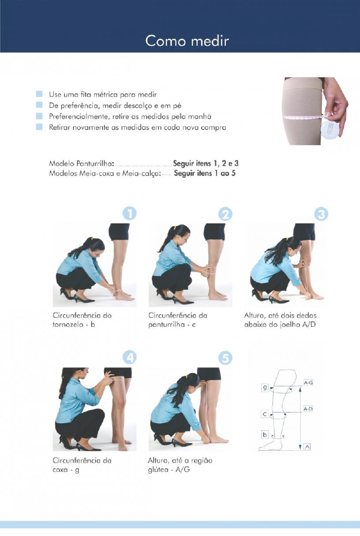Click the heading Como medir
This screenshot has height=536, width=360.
[187, 41]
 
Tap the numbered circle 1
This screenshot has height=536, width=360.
[129, 214]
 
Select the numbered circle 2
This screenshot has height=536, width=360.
[225, 215]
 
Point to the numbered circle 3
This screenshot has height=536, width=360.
[321, 215]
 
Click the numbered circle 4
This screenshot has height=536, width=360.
[129, 357]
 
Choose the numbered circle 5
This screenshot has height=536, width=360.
[225, 358]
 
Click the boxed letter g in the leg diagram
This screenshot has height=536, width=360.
[265, 388]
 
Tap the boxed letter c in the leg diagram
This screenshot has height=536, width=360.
[265, 414]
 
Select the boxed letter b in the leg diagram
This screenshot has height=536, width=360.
[265, 434]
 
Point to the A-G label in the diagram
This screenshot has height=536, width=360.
[308, 383]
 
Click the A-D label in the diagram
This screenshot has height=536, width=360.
[308, 409]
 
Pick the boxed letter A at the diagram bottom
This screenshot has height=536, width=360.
[307, 447]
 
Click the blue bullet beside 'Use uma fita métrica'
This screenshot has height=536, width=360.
[39, 93]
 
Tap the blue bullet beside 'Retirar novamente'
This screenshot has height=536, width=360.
[39, 127]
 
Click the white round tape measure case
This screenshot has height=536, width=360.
[330, 129]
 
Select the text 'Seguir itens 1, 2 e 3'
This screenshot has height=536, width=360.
[206, 163]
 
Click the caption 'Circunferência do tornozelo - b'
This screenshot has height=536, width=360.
[82, 320]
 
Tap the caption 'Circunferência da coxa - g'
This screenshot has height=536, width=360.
[82, 465]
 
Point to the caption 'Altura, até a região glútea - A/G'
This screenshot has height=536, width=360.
[180, 465]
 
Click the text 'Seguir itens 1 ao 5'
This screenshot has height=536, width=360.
[205, 173]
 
